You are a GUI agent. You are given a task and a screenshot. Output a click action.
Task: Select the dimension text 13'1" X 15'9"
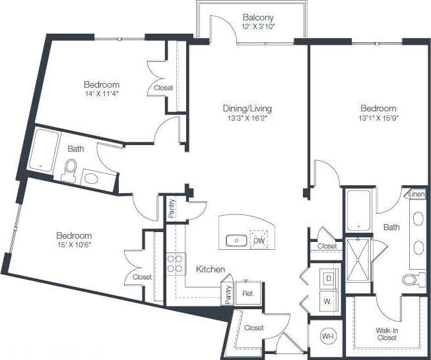pyautogui.click(x=378, y=119)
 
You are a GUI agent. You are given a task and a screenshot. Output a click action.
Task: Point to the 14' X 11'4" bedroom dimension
pyautogui.click(x=101, y=95)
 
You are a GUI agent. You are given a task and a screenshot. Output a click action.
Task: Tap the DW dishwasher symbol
pyautogui.click(x=259, y=241)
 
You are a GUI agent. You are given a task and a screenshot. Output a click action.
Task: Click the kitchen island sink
pyautogui.click(x=236, y=241)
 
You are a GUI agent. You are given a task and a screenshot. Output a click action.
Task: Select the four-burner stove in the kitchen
pyautogui.click(x=175, y=264)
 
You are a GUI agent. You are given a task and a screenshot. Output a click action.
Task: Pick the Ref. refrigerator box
pyautogui.click(x=248, y=293)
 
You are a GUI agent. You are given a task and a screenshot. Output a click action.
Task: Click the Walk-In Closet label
pyautogui.click(x=387, y=334)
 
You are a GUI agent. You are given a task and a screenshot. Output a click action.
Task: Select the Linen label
pyautogui.click(x=415, y=195)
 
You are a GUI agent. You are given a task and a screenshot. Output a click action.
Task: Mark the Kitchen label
pyautogui.click(x=211, y=270)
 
